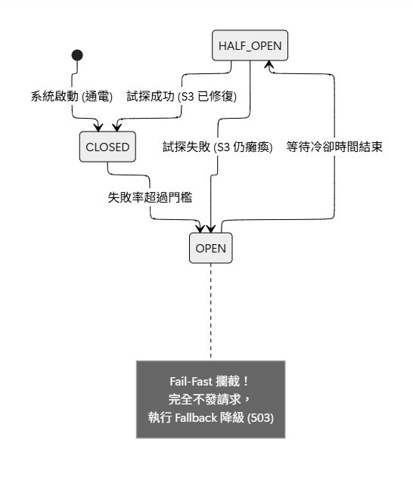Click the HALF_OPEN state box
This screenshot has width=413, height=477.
[x=250, y=45]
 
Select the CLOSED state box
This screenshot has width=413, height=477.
[x=107, y=147]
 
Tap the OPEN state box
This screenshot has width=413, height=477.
[x=210, y=248]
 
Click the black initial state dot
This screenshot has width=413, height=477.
[x=77, y=55]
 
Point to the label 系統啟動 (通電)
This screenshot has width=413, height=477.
[x=72, y=97]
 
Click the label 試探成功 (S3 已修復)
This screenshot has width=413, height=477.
[x=182, y=97]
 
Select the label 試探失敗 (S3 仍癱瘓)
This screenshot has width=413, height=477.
[x=218, y=147]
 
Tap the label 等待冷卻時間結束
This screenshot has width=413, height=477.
[x=334, y=147]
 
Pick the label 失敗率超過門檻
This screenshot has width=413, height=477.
[x=150, y=197]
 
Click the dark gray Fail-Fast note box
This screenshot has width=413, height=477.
[x=210, y=399]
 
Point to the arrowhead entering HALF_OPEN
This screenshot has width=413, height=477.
[x=269, y=64]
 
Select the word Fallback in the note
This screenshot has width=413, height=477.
[x=196, y=418]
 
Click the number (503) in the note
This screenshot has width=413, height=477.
[x=260, y=418]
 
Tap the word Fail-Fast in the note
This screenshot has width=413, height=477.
[x=191, y=381]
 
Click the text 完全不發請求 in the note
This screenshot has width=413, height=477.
[x=205, y=399]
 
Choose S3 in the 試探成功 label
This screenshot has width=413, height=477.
[x=188, y=97]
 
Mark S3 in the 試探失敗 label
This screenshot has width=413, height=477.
[x=224, y=147]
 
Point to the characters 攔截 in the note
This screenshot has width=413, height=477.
[x=228, y=381]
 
